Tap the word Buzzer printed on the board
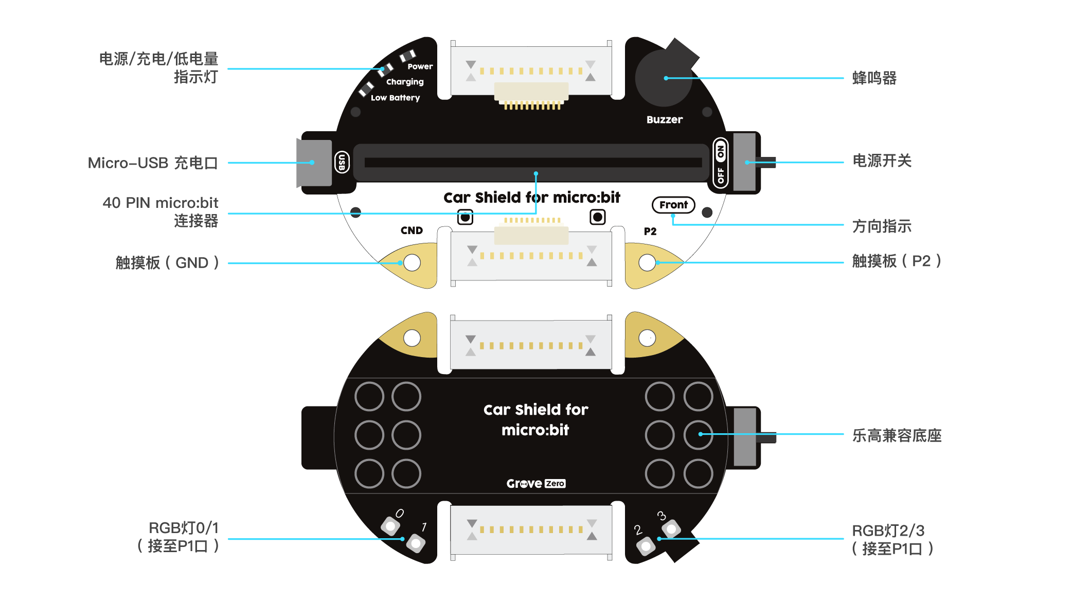click(x=665, y=120)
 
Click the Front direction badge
click(x=673, y=205)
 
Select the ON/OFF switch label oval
click(x=721, y=163)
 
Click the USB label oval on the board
click(x=342, y=163)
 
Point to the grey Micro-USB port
click(x=314, y=163)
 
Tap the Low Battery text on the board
click(x=395, y=98)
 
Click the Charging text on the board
click(x=405, y=82)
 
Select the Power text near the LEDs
click(x=420, y=66)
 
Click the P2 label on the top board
click(x=650, y=232)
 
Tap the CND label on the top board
click(x=412, y=231)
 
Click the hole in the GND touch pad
click(x=412, y=263)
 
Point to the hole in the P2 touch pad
click(x=647, y=262)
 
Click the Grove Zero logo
click(x=535, y=484)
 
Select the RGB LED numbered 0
click(x=390, y=526)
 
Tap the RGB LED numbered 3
click(x=671, y=528)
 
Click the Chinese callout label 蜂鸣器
click(x=874, y=78)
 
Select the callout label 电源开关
click(x=882, y=161)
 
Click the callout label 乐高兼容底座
click(x=897, y=436)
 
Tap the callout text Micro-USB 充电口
click(x=153, y=163)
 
